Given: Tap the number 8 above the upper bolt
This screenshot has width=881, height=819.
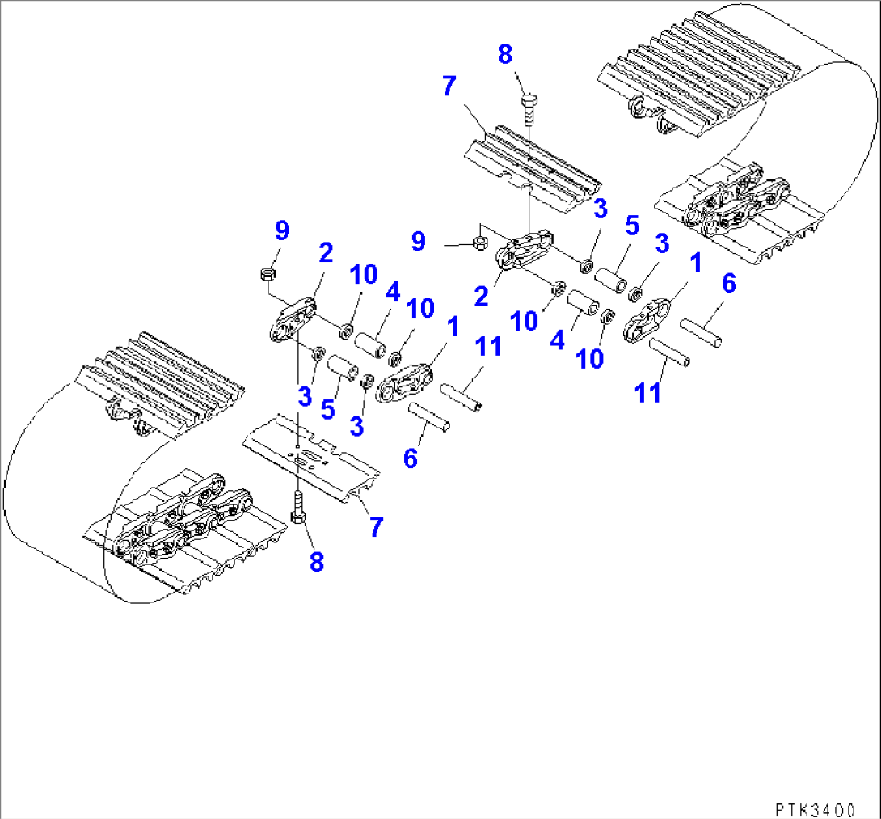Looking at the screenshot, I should pos(505,55).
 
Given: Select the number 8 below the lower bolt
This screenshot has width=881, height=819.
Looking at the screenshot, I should pos(316,561).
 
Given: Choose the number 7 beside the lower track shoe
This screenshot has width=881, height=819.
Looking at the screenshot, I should pos(376,526).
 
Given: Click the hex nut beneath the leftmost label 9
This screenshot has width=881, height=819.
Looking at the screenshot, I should pos(265,275).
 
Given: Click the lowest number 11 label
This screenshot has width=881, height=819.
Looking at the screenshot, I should pos(647,393).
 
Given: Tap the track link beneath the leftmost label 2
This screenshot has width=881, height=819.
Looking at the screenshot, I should pos(292,323).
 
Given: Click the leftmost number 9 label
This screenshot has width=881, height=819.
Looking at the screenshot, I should pos(281,231).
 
